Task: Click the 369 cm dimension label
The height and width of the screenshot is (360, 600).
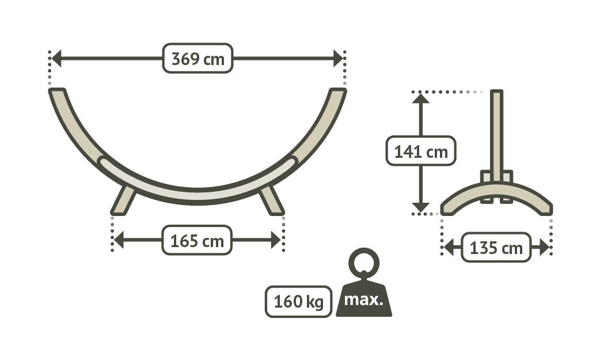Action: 198,58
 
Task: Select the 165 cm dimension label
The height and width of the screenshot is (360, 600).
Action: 197,240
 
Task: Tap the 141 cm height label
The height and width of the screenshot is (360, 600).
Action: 421,152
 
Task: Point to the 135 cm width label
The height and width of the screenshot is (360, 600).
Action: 496,248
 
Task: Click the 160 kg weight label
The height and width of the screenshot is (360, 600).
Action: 298,301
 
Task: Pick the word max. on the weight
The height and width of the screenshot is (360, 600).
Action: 364,300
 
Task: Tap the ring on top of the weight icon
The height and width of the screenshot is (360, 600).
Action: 364,263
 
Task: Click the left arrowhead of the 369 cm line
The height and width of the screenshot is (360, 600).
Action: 56,58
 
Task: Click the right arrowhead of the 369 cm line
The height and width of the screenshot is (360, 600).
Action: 338,58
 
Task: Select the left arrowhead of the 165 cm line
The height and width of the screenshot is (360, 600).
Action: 118,240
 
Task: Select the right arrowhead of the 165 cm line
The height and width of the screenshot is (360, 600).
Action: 275,240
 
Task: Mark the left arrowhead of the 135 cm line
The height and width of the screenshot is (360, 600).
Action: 448,248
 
